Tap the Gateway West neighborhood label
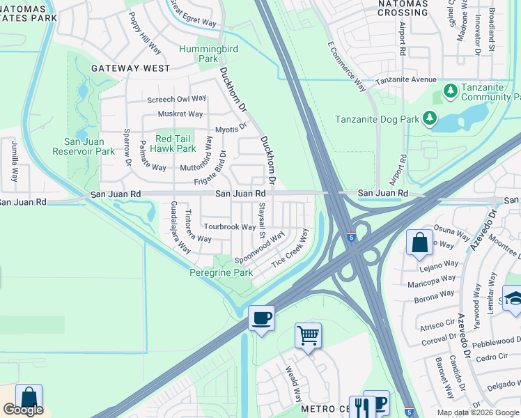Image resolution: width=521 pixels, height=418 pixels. click(130, 68)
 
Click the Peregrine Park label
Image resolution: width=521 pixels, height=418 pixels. click(221, 272)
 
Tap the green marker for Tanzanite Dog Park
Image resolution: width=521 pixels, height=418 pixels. click(431, 119)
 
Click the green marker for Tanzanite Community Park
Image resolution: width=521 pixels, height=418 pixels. click(451, 91)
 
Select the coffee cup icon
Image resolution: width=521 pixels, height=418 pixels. click(262, 318)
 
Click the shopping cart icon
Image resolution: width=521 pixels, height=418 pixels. click(308, 335)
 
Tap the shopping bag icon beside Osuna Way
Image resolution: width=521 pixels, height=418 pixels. click(420, 242)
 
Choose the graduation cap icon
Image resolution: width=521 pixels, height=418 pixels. click(514, 297)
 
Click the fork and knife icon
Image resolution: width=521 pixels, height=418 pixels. click(361, 407)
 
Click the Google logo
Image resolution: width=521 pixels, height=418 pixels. click(23, 410)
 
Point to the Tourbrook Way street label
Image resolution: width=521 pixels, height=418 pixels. click(230, 227)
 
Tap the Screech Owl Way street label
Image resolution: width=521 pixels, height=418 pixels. click(176, 99)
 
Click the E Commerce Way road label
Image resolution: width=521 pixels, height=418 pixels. click(346, 66)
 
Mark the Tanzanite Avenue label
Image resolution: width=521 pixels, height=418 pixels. click(405, 80)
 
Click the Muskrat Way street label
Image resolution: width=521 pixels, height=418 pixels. click(180, 114)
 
